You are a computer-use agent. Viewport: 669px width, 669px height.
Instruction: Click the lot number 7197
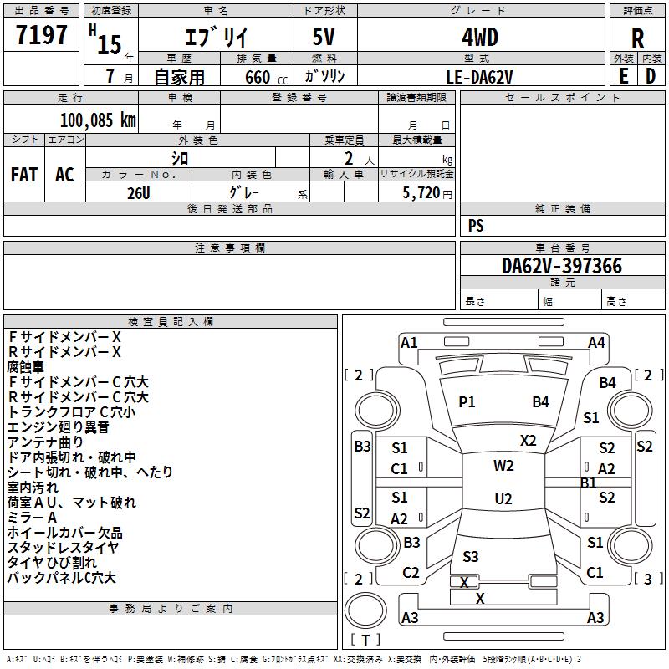pos(42,35)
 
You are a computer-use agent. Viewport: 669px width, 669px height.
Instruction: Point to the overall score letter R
pos(637,38)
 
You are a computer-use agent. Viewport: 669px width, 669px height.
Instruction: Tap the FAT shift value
pos(23,175)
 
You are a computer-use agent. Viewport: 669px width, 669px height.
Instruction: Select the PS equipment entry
pos(476,226)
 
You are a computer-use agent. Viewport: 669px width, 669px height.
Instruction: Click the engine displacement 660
pos(257,77)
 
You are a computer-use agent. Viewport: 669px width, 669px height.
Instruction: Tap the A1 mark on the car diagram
pos(409,342)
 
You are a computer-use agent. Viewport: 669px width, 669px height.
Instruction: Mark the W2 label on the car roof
pos(503,466)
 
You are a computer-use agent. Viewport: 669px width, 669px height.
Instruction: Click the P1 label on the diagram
pos(467,402)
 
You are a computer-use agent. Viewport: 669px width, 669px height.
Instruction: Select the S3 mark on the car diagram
pos(471,556)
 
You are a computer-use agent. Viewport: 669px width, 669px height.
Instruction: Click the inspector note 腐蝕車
pos(26,367)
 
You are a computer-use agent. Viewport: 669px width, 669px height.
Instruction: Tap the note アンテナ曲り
pos(46,442)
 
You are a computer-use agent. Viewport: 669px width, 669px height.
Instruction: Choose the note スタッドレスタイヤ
pos(64,548)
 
